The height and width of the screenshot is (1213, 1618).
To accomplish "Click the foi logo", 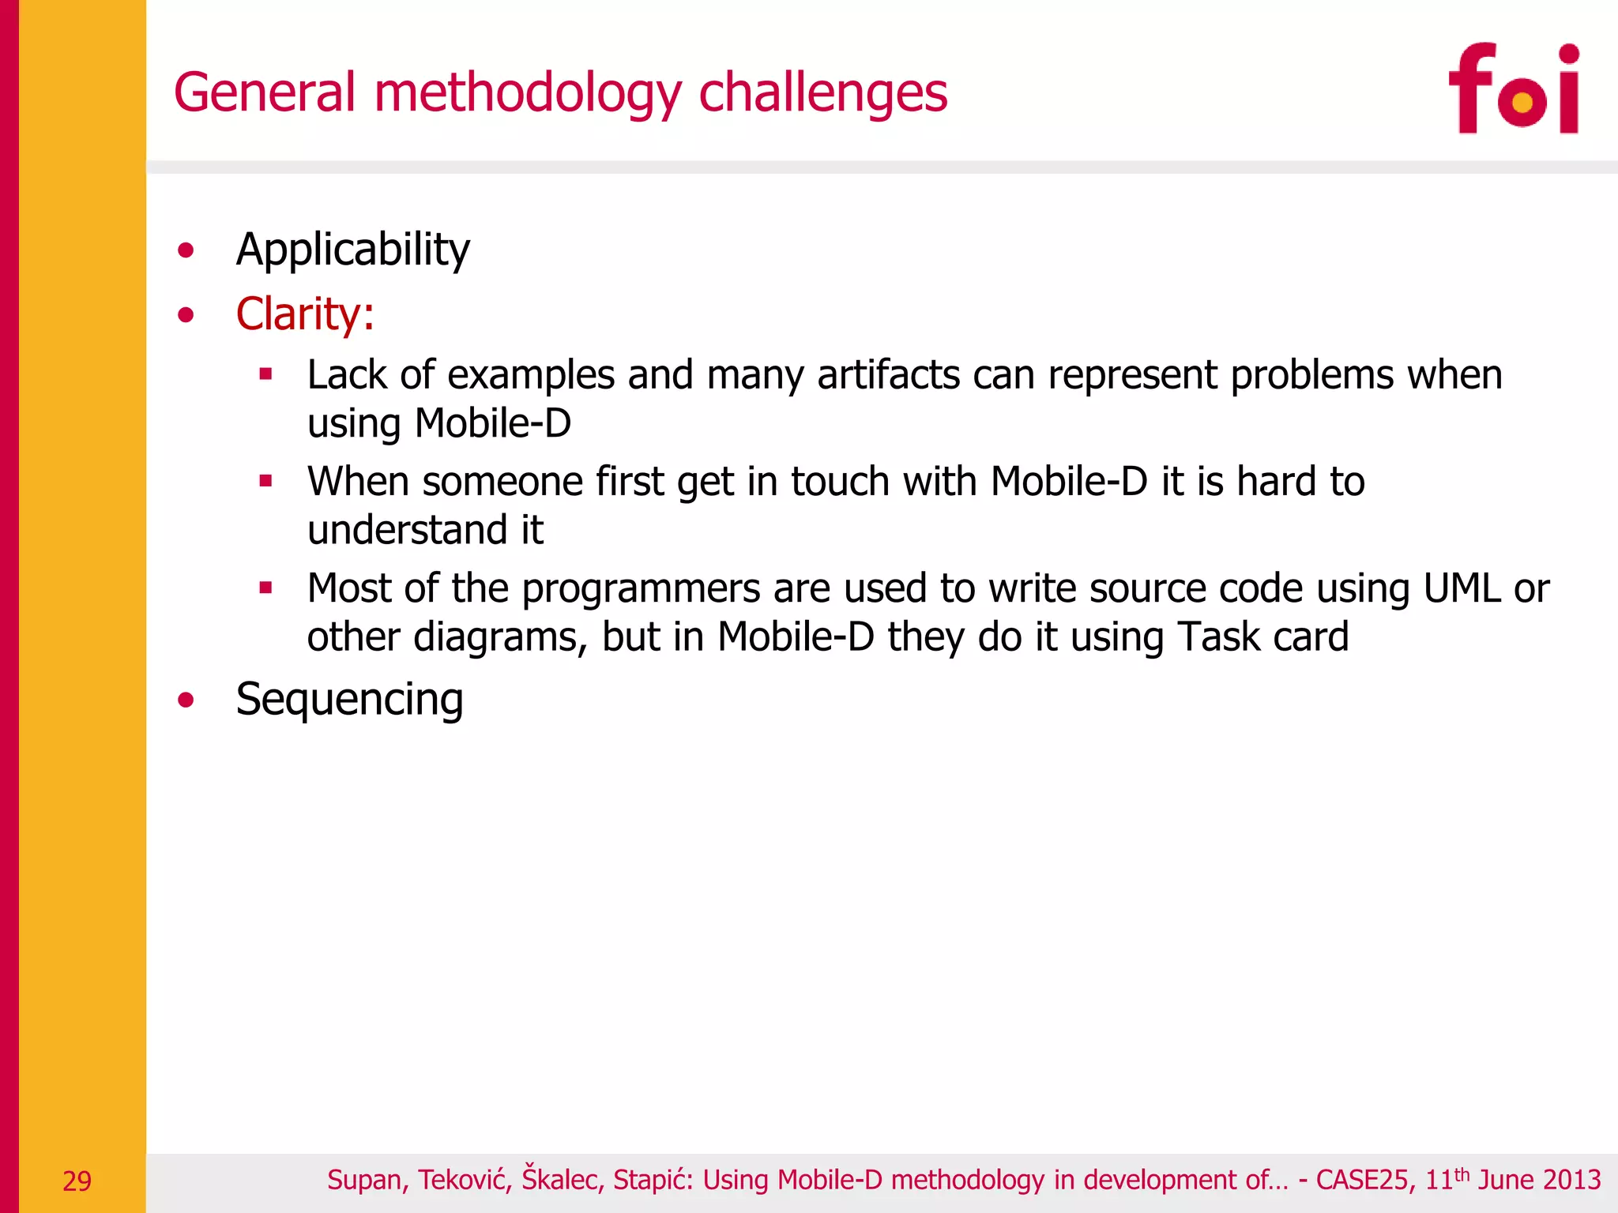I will coord(1513,89).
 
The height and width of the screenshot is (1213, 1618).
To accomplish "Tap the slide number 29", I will coord(77,1181).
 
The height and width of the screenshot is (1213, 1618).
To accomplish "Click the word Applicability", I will coord(352,250).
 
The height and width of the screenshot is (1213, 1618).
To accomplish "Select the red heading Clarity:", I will coord(305,314).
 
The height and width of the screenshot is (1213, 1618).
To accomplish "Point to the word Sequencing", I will coord(349,700).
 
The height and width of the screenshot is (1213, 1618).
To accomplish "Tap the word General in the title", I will coord(265,93).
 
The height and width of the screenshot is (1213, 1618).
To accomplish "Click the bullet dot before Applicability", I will coord(186,251).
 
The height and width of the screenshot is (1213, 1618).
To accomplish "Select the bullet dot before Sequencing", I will coord(186,700).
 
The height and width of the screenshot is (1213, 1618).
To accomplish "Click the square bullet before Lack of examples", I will coord(265,374).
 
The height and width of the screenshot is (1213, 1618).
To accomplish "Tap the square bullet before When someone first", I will coord(265,480).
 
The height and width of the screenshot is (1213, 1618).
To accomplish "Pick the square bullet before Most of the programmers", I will coord(265,588).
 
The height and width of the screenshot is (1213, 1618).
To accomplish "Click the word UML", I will coord(1461,588).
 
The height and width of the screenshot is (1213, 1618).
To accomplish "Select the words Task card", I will coord(1262,637).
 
